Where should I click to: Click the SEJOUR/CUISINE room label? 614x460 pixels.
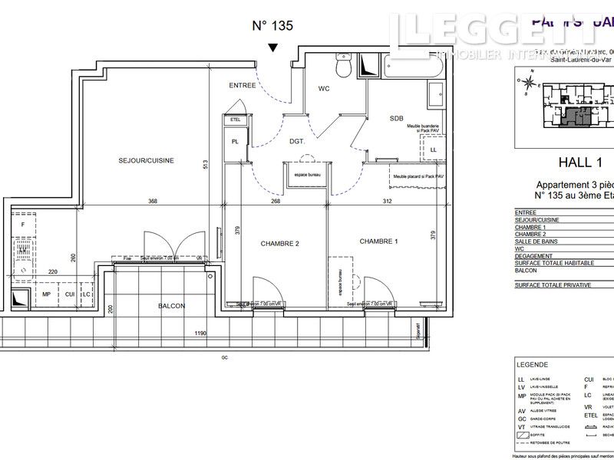click(x=146, y=160)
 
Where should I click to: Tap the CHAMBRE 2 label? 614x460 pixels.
click(x=279, y=244)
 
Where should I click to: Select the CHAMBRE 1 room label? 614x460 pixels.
click(x=378, y=242)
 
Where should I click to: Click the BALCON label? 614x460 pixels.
click(x=172, y=306)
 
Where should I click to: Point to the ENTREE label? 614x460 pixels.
click(x=242, y=85)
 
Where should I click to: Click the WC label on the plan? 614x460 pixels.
click(x=324, y=89)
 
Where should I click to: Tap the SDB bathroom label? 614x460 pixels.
click(x=396, y=118)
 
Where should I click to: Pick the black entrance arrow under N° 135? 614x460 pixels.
click(x=273, y=48)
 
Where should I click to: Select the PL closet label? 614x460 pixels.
click(x=235, y=142)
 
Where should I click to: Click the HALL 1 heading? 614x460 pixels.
click(x=578, y=162)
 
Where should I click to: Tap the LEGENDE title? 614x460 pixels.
click(x=532, y=364)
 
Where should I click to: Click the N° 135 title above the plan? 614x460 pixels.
click(x=272, y=25)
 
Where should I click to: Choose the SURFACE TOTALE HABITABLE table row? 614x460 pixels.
click(x=554, y=263)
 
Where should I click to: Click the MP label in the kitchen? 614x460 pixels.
click(x=46, y=294)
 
